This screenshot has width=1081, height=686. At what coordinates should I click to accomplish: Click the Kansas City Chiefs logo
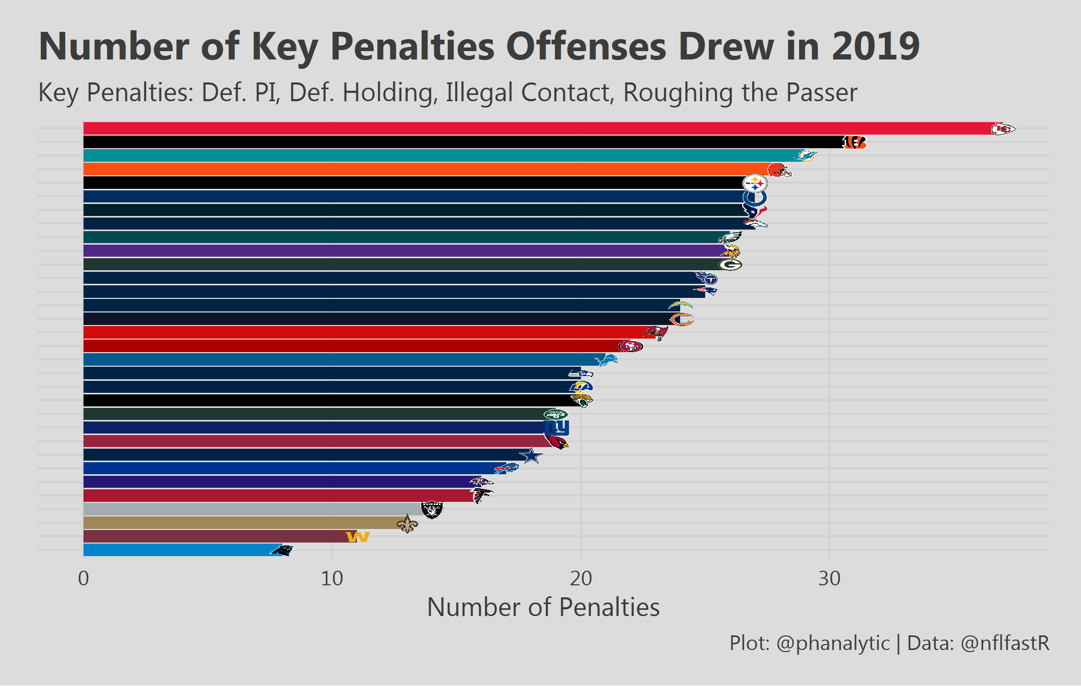[x=1003, y=128]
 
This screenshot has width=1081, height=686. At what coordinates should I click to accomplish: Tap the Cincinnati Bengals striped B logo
[x=854, y=142]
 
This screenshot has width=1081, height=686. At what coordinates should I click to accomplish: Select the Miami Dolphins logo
[x=804, y=155]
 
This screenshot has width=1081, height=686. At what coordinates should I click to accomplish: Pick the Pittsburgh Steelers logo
[x=755, y=183]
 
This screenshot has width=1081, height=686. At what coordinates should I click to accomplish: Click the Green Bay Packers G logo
[x=730, y=264]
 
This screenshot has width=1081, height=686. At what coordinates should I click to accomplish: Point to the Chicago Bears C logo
[x=681, y=319]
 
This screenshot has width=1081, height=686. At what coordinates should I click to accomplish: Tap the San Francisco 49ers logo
[x=630, y=346]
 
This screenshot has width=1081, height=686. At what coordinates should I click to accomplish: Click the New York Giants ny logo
[x=556, y=428]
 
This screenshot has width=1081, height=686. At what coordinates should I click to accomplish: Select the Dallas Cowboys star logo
[x=531, y=455]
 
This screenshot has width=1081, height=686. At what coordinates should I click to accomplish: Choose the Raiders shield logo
[x=432, y=510]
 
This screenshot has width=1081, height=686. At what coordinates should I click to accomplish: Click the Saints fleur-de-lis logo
[x=407, y=523]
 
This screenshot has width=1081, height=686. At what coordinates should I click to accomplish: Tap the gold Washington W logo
[x=358, y=537]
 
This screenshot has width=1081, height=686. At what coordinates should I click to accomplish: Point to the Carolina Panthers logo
[x=282, y=550]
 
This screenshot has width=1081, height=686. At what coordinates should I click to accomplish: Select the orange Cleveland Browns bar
[x=418, y=169]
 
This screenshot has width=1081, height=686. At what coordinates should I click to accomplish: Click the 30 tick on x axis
[x=829, y=579]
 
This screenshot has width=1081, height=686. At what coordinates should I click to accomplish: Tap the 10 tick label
[x=332, y=579]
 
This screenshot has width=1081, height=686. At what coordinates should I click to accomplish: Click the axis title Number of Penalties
[x=543, y=607]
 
